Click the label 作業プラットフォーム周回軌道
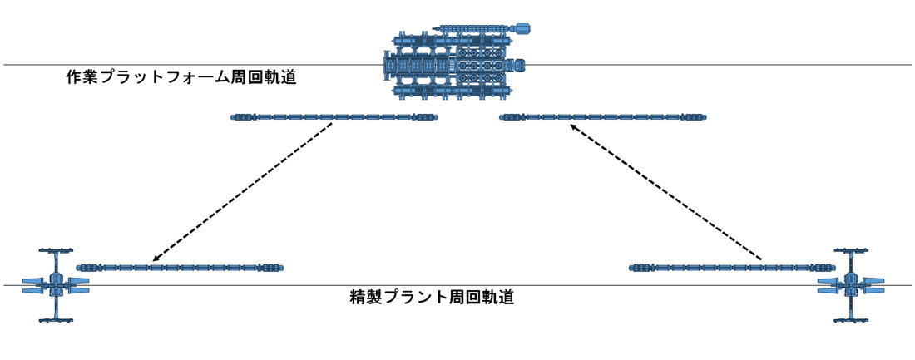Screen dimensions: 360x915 point(181,79)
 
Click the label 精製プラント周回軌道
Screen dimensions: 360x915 point(432,296)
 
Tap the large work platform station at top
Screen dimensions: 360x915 point(455,64)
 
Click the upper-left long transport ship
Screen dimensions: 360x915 point(334,117)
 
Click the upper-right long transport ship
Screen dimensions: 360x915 point(602,117)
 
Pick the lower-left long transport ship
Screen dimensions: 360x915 point(181,268)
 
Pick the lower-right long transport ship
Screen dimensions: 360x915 point(733,268)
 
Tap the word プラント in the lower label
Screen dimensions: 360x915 point(413,296)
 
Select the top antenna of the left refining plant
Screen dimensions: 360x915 point(57,250)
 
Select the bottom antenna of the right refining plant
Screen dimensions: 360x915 point(852,319)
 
